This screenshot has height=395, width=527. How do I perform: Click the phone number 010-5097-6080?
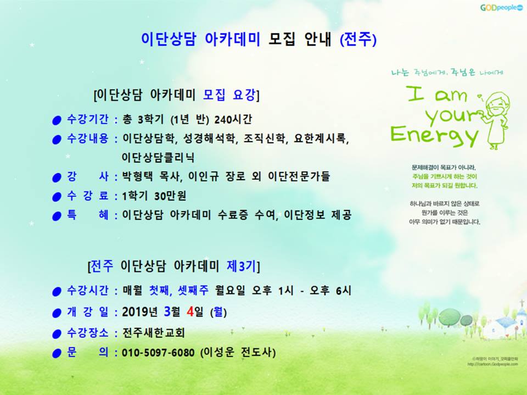(x=158, y=353)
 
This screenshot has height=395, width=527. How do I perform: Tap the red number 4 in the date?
(x=190, y=312)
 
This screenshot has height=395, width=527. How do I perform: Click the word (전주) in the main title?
(x=358, y=40)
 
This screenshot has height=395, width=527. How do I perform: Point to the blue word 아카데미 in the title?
(x=232, y=40)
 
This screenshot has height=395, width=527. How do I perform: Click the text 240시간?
(x=233, y=119)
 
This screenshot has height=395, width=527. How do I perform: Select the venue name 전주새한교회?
(x=153, y=333)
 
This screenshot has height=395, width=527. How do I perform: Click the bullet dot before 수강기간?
(x=57, y=120)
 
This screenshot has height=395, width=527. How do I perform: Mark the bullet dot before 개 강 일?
(x=57, y=313)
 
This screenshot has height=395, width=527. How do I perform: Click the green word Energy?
(x=434, y=135)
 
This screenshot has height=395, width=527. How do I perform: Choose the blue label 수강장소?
(x=88, y=333)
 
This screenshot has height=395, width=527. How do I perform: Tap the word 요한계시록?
(x=319, y=138)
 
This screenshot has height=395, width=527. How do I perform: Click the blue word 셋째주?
(x=193, y=290)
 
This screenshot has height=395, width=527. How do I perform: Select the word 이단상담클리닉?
(x=158, y=157)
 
